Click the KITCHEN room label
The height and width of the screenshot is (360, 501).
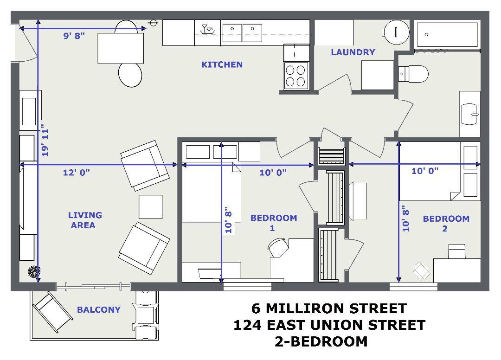(222, 64)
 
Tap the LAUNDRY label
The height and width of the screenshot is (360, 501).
(353, 52)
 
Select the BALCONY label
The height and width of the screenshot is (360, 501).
(99, 309)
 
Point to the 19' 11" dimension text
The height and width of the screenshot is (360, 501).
(45, 142)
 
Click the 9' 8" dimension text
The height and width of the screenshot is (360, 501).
(74, 36)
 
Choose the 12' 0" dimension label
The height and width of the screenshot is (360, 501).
(77, 173)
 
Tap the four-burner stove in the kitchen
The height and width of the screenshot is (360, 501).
(296, 76)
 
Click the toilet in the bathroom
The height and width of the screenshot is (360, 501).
(413, 74)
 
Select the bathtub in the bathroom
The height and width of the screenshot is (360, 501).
(447, 34)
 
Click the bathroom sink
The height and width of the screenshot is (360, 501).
(469, 114)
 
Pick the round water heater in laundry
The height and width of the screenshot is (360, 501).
(396, 32)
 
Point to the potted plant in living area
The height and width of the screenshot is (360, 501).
(34, 272)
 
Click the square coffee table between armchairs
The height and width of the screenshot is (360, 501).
(151, 207)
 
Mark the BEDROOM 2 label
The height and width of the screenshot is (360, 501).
(446, 224)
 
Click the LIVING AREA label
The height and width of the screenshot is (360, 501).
(85, 220)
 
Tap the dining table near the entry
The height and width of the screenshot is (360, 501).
(121, 48)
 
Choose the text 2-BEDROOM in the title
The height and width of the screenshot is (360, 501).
(321, 341)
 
